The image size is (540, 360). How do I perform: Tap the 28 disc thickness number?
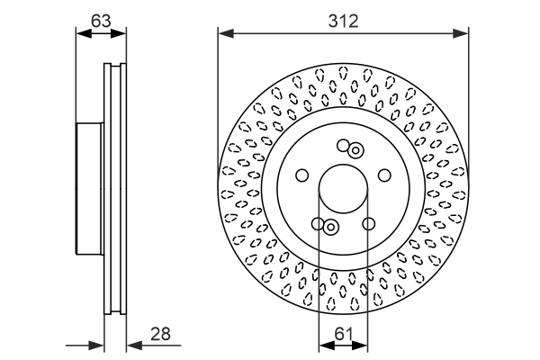click(162, 334)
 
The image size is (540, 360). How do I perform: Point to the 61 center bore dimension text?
click(343, 334)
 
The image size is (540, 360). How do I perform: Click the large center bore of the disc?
click(343, 190)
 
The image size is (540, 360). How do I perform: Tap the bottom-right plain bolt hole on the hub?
click(368, 224)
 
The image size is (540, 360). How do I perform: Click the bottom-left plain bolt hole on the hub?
click(318, 224)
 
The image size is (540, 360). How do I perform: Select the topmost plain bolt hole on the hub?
click(343, 145)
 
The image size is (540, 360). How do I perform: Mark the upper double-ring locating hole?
click(355, 150)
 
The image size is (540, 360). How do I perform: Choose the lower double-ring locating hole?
click(330, 228)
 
